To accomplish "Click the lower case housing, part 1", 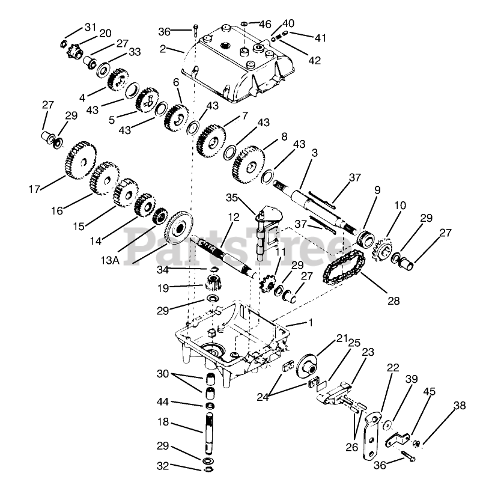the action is (x=228, y=337).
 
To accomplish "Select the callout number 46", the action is (x=265, y=25).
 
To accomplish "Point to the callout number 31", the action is (x=90, y=28).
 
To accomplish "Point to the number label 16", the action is (x=57, y=210).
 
